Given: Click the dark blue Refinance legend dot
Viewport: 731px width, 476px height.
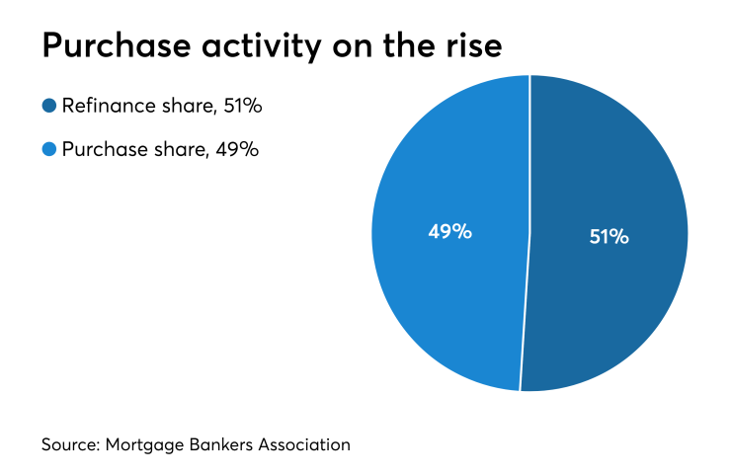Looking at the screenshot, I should (49, 105).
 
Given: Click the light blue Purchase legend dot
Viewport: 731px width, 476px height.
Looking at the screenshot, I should (49, 149).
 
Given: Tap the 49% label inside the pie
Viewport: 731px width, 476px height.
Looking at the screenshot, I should (449, 232).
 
